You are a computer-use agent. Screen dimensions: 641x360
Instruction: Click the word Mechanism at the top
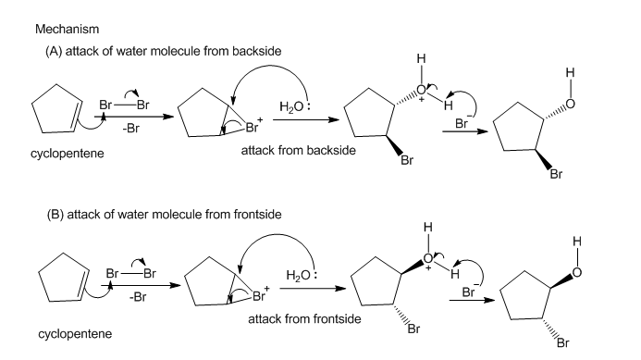(67, 29)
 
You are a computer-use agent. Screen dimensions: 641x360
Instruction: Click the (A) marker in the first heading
(54, 51)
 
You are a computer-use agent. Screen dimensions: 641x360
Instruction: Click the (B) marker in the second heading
(55, 215)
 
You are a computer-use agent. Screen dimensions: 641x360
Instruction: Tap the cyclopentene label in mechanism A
(67, 154)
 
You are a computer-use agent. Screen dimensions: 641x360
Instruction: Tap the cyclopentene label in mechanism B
(75, 334)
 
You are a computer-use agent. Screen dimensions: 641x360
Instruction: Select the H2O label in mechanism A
(291, 107)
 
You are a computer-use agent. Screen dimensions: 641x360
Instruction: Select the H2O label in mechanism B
(299, 275)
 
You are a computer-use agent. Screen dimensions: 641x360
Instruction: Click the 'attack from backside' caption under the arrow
(299, 151)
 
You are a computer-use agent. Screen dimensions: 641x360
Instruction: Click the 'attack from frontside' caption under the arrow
(304, 319)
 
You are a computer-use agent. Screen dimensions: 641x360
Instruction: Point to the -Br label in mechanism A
(130, 129)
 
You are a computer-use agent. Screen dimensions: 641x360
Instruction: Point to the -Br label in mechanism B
(138, 297)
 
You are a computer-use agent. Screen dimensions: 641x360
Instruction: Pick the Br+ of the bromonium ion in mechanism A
(253, 126)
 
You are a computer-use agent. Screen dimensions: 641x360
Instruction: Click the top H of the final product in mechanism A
(570, 73)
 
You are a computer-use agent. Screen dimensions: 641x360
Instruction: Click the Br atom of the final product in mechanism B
(563, 342)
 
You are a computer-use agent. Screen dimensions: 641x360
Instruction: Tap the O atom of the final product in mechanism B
(576, 272)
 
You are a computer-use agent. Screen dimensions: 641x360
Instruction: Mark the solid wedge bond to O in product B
(561, 281)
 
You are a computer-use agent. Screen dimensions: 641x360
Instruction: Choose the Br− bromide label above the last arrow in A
(462, 123)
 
